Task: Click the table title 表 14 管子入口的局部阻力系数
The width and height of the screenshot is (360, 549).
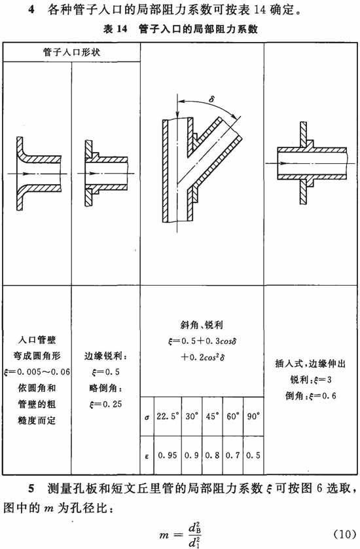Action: [181, 29]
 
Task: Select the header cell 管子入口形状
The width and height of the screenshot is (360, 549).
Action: [72, 52]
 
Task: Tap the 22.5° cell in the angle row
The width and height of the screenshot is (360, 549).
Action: [168, 416]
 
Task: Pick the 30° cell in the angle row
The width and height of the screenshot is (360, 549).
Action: [192, 416]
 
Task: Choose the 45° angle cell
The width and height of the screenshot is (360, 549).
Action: [212, 416]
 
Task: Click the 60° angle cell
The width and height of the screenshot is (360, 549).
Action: [232, 416]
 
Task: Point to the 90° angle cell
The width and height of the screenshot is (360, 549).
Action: [253, 416]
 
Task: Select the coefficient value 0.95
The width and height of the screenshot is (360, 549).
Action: [167, 455]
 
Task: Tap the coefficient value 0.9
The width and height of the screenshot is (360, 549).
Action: [192, 455]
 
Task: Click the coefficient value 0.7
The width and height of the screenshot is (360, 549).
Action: [232, 455]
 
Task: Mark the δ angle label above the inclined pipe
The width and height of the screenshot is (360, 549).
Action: [211, 99]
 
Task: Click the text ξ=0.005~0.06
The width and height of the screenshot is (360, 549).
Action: [37, 371]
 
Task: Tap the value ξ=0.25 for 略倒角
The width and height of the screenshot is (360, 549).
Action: [105, 404]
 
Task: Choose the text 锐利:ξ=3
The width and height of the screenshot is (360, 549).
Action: [310, 379]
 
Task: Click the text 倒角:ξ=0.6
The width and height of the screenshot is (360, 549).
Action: [310, 396]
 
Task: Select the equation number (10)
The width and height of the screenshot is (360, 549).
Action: [344, 535]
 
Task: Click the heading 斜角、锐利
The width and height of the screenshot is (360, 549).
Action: [202, 325]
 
